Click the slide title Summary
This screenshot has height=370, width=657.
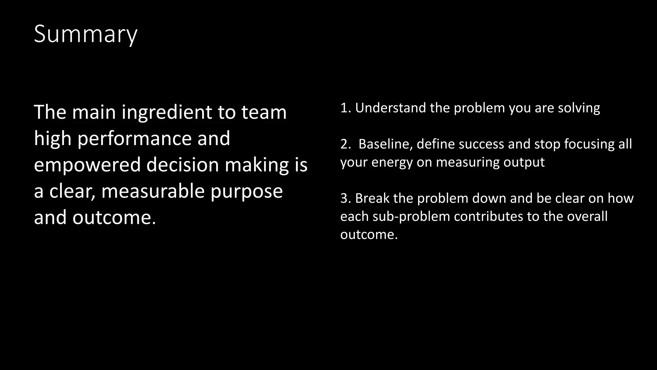85,34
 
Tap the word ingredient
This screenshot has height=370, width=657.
167,112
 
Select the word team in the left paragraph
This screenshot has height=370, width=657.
264,112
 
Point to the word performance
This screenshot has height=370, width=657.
134,138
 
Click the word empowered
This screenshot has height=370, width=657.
87,165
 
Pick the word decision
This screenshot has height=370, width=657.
183,165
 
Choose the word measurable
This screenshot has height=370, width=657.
152,191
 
